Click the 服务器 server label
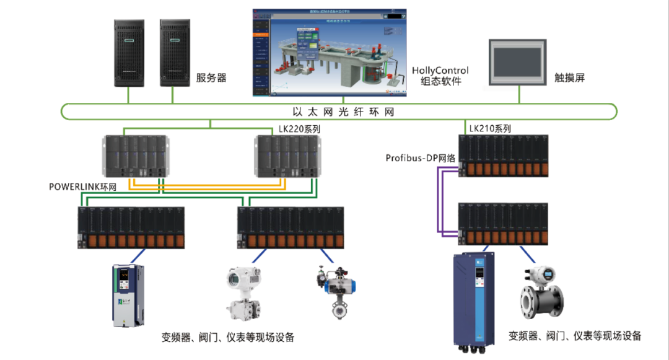pyautogui.click(x=211, y=77)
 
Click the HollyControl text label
pyautogui.click(x=440, y=71)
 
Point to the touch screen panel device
pyautogui.click(x=517, y=62)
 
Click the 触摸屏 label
pyautogui.click(x=570, y=78)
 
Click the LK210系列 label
pyautogui.click(x=490, y=129)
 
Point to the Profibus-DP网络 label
pyautogui.click(x=421, y=158)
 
